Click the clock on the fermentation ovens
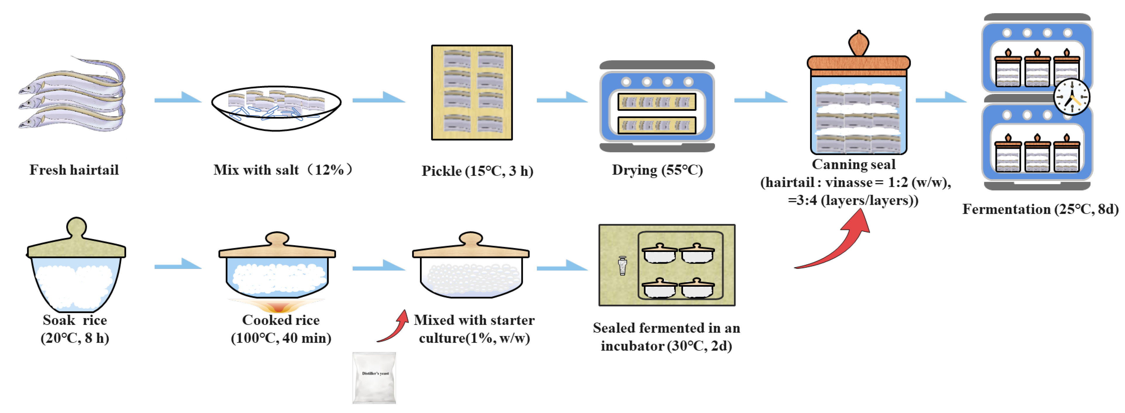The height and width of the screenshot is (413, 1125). (x=1071, y=97)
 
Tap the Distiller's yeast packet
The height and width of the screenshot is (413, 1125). (x=374, y=378)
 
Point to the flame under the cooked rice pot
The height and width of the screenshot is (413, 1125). (x=277, y=306)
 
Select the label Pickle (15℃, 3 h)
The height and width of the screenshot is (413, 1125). (x=477, y=171)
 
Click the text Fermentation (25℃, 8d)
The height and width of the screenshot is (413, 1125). (x=1040, y=209)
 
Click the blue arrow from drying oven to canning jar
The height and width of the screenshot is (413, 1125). (x=760, y=98)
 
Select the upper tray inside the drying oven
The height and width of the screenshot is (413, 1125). (x=657, y=102)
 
